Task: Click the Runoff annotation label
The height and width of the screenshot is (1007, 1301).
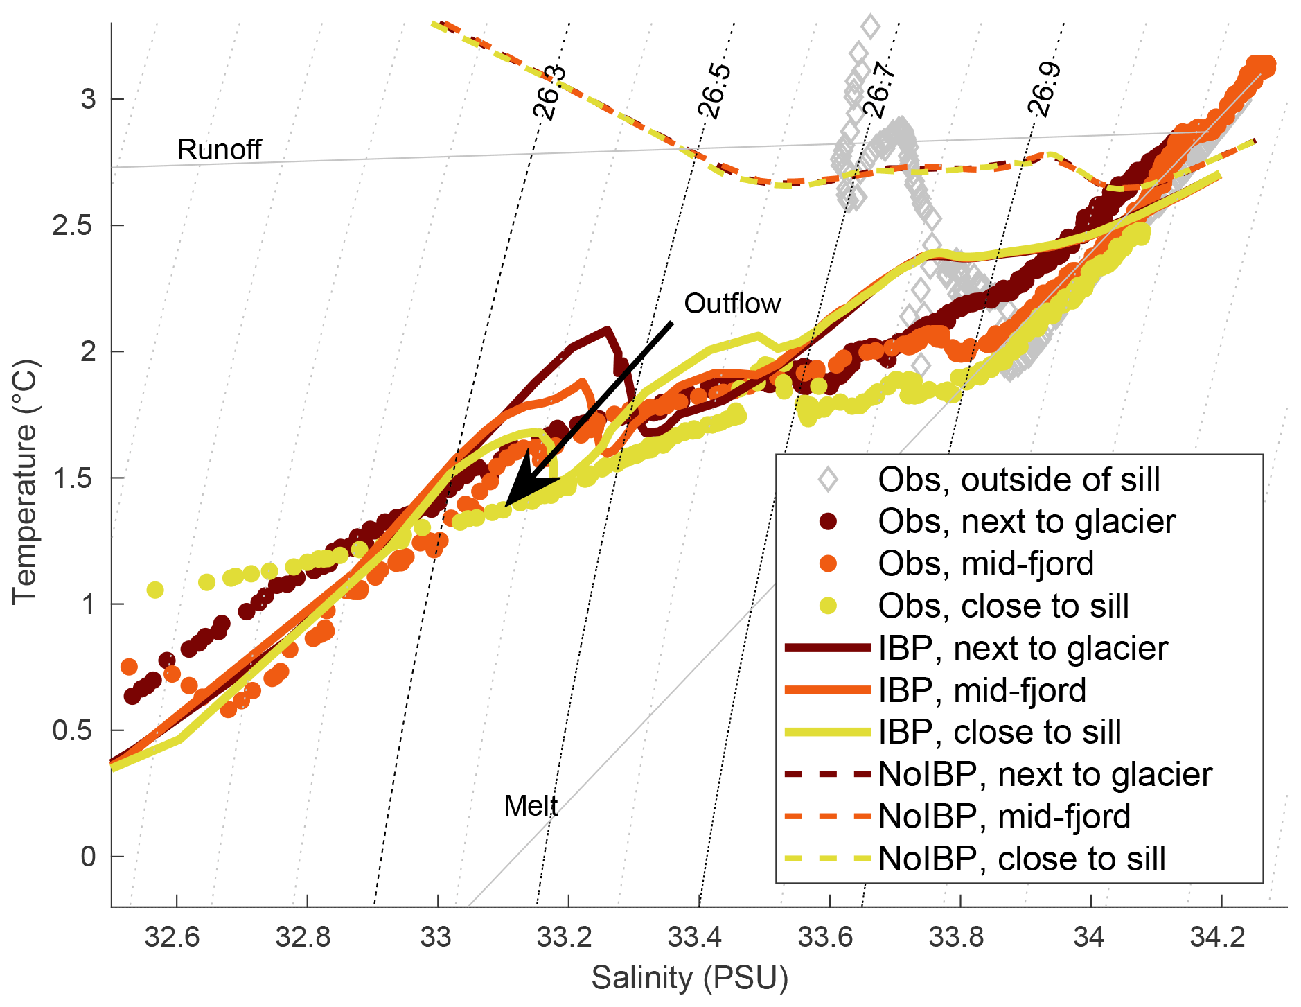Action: pyautogui.click(x=219, y=150)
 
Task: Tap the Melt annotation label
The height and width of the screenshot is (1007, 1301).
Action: pyautogui.click(x=531, y=806)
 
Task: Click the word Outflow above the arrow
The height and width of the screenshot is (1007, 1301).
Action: pyautogui.click(x=732, y=304)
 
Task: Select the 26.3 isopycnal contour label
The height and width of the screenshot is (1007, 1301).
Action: pyautogui.click(x=549, y=93)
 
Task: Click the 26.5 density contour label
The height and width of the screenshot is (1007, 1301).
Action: pyautogui.click(x=714, y=91)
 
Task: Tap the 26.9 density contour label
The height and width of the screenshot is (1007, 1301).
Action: pyautogui.click(x=1044, y=89)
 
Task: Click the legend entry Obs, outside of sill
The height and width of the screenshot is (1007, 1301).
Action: pyautogui.click(x=1018, y=480)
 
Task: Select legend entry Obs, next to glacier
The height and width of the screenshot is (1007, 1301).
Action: pyautogui.click(x=1026, y=522)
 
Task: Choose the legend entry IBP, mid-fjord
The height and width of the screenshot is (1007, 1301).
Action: pyautogui.click(x=982, y=690)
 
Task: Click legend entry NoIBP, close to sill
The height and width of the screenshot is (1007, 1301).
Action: pyautogui.click(x=1022, y=859)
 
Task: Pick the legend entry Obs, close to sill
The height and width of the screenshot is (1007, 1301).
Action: pyautogui.click(x=1003, y=606)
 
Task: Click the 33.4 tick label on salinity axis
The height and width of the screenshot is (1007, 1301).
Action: pyautogui.click(x=698, y=937)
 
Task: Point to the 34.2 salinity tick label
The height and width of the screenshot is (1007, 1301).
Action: pyautogui.click(x=1221, y=937)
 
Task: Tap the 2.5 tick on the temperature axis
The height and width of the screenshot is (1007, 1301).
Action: pyautogui.click(x=73, y=225)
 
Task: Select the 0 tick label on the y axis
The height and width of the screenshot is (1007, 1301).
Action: pyautogui.click(x=88, y=857)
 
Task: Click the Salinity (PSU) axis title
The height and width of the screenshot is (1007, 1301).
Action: pyautogui.click(x=689, y=978)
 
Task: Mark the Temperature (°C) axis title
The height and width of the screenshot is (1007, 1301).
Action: pyautogui.click(x=25, y=482)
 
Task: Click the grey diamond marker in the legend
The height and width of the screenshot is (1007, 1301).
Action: pyautogui.click(x=828, y=480)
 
